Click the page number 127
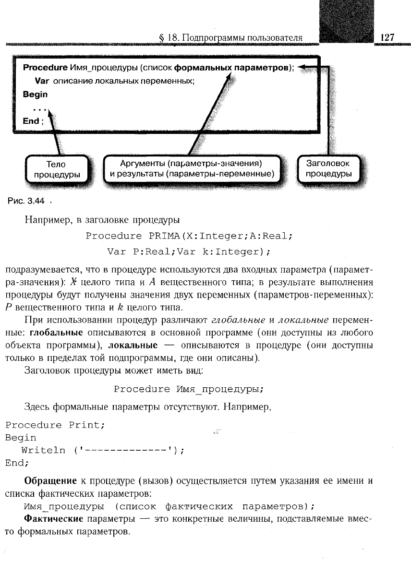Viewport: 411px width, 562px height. pyautogui.click(x=387, y=37)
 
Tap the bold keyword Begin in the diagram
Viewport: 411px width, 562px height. pyautogui.click(x=35, y=95)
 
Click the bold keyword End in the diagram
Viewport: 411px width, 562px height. pyautogui.click(x=31, y=121)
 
